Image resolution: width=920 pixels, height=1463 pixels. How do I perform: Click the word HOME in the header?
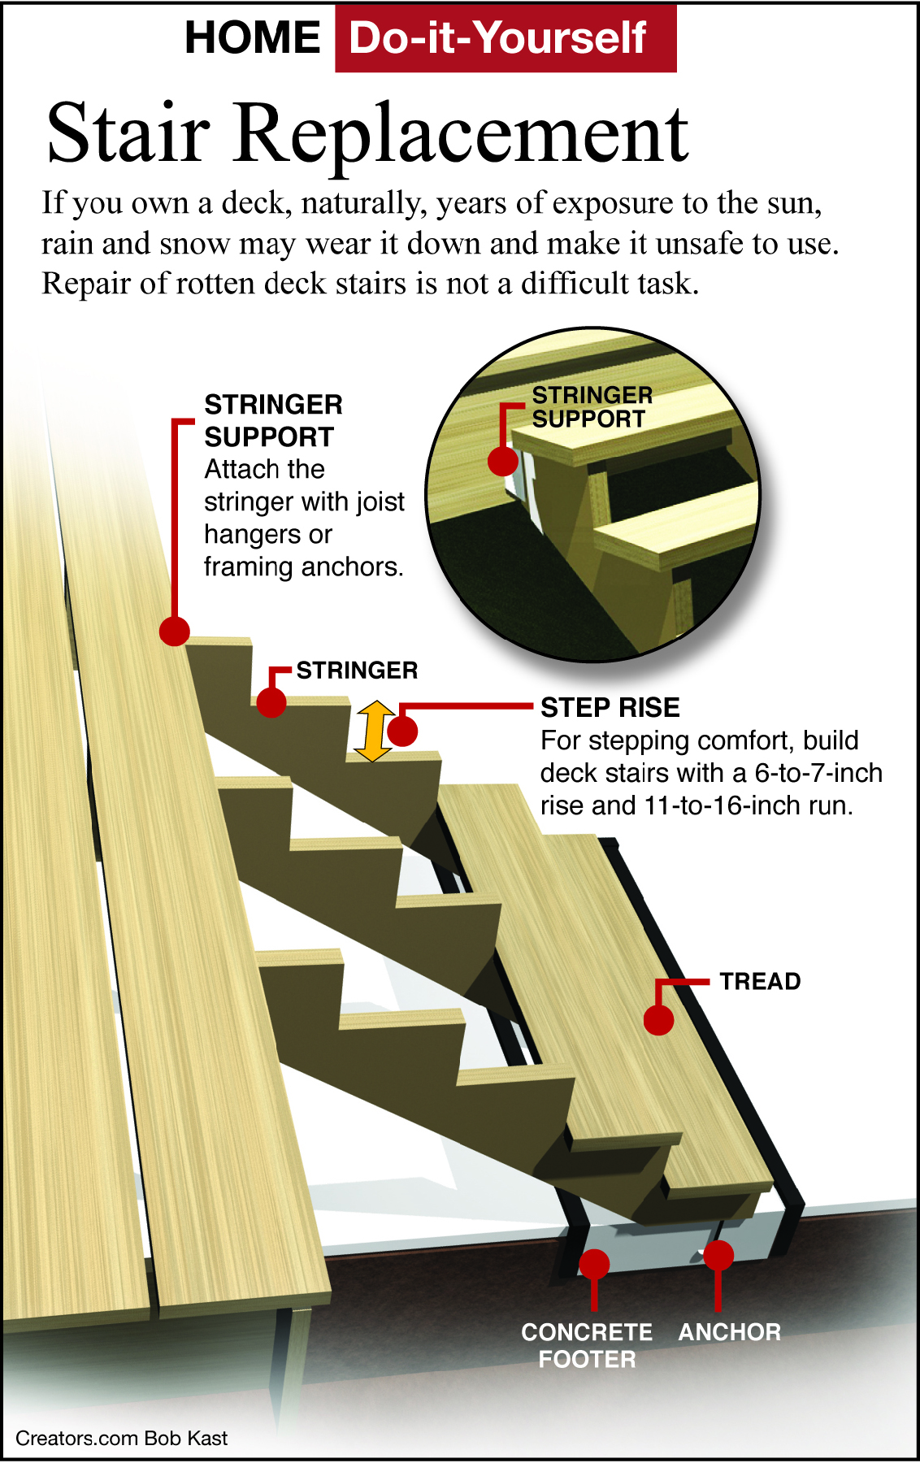253,38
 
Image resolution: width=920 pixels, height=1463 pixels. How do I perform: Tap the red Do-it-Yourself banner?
505,38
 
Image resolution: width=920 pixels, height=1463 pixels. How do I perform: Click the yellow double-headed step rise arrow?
373,731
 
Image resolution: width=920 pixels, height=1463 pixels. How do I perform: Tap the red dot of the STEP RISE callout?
403,731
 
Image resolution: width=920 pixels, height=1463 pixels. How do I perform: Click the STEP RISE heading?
610,708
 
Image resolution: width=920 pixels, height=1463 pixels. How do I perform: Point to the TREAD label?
760,982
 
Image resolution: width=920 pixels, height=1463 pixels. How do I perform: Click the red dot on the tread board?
658,1020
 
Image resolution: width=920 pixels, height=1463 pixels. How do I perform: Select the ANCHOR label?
729,1332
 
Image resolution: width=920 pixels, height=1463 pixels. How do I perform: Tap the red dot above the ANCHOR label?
718,1256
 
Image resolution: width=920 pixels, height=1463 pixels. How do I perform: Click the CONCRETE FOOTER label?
587,1345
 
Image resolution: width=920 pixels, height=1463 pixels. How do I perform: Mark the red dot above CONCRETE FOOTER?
594,1265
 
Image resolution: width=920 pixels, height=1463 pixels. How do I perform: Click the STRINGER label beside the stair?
357,671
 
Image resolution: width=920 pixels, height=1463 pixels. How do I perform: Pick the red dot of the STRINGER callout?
271,703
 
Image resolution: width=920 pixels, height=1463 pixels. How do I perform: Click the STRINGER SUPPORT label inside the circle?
592,407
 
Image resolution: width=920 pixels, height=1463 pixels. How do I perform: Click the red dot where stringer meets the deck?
175,631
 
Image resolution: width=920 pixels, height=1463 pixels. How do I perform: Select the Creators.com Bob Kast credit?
122,1438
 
